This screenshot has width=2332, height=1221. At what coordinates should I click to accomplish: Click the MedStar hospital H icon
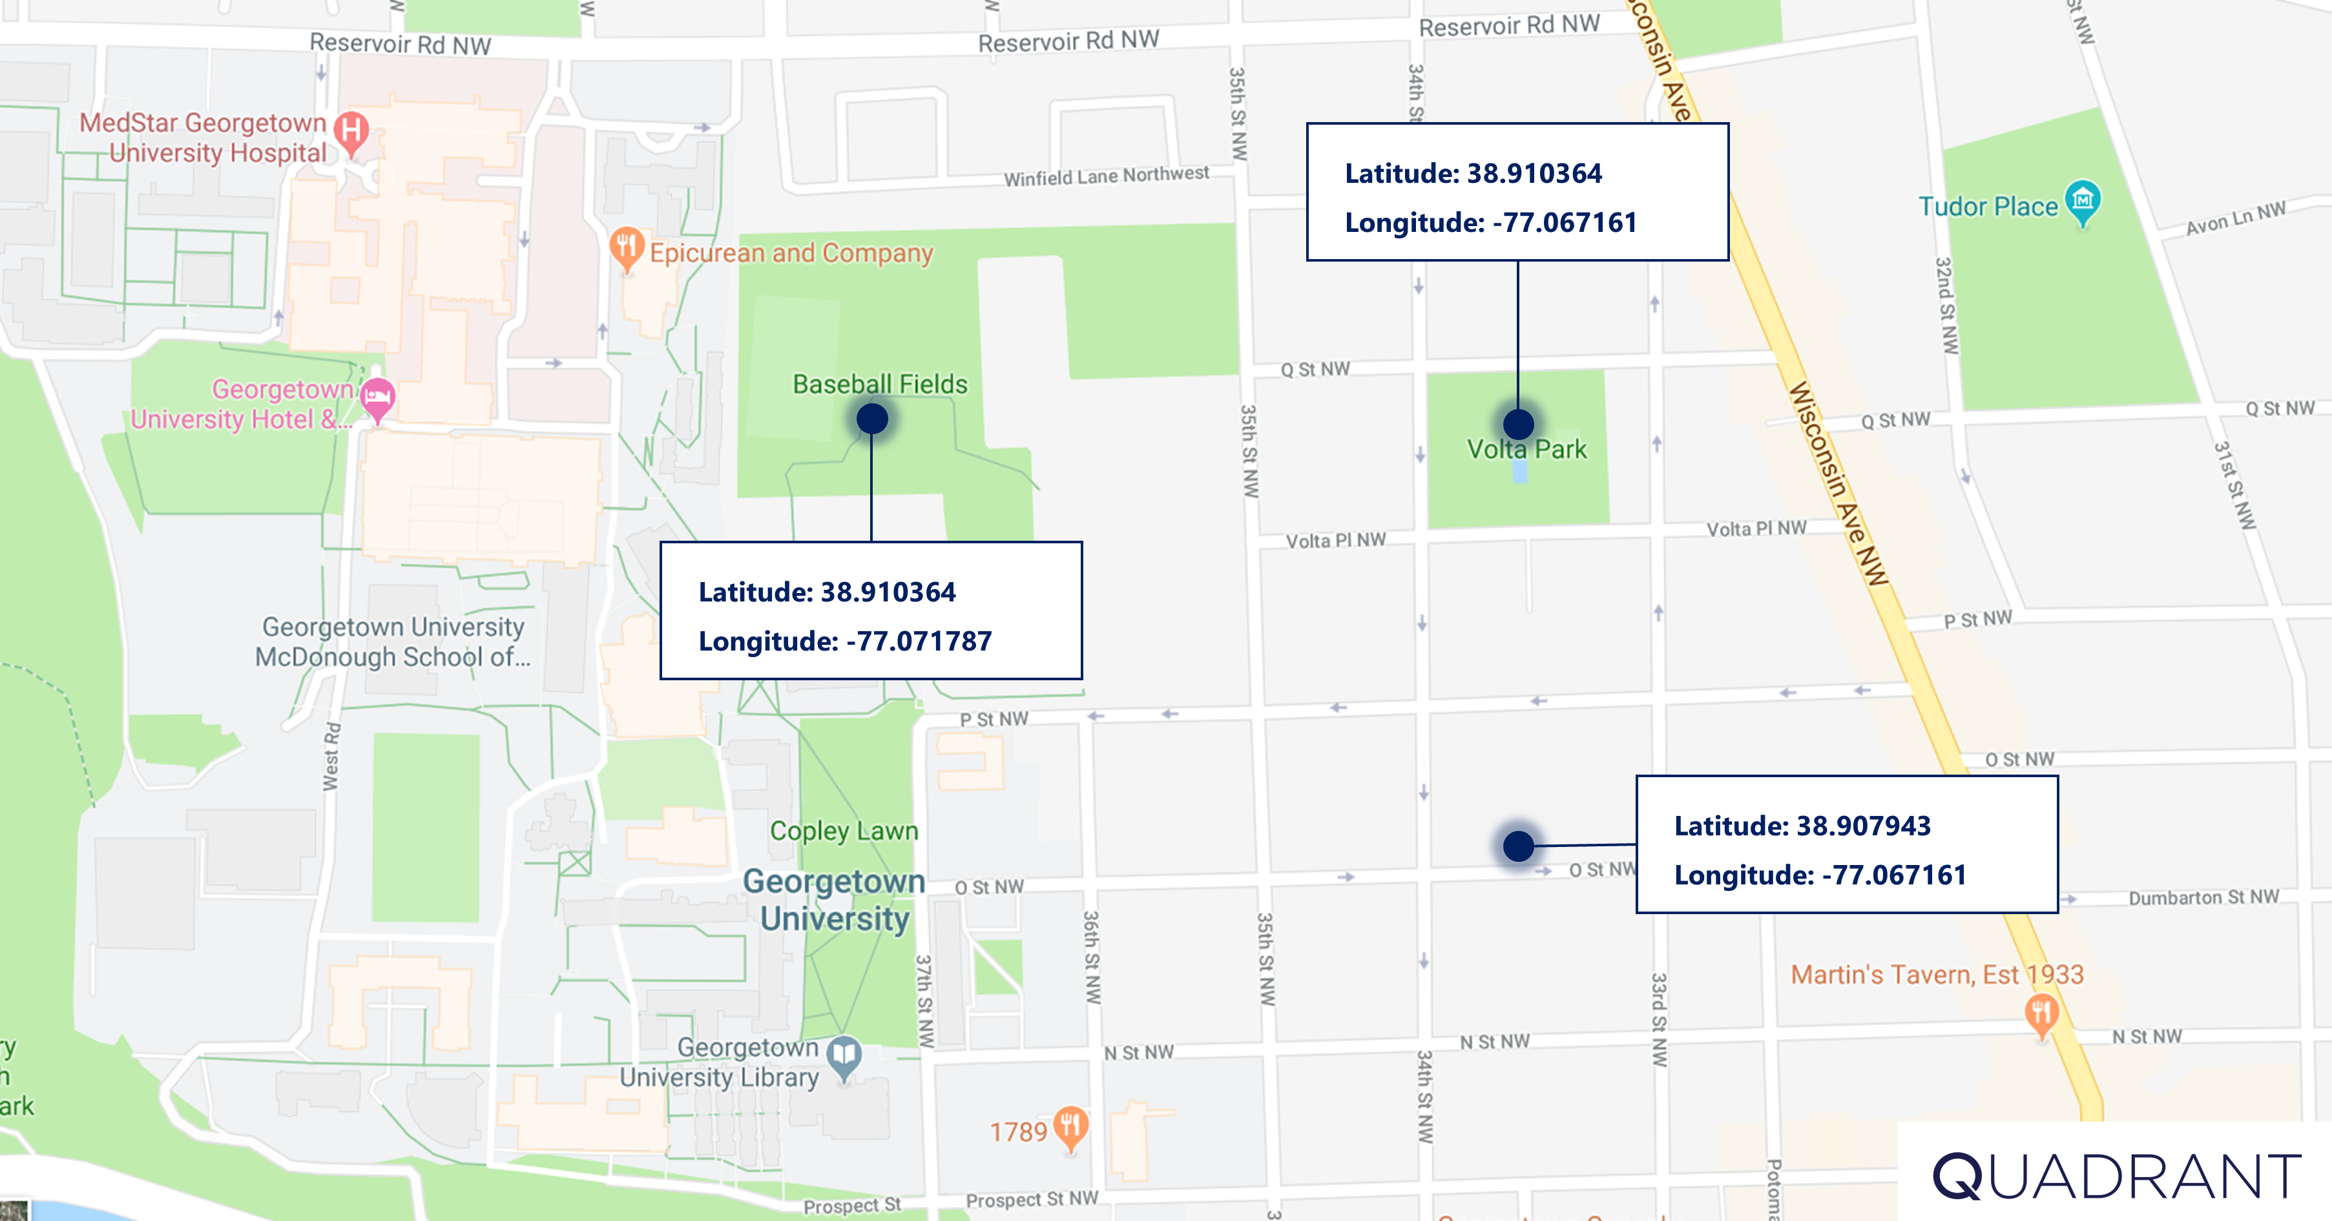pos(351,129)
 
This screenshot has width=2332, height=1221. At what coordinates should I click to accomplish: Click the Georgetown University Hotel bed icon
pos(377,397)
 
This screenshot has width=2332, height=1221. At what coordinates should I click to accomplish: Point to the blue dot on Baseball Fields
pos(872,419)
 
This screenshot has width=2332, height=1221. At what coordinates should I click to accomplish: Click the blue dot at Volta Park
pos(1518,424)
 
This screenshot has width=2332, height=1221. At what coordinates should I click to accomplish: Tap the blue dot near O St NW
pos(1518,846)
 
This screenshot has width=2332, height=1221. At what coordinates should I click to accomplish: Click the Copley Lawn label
pos(844,831)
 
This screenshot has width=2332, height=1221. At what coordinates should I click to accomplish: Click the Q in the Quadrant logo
pos(1957,1176)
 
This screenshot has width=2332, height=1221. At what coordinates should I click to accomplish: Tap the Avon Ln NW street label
pos(2235,218)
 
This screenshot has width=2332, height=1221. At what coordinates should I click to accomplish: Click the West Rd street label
pos(331,756)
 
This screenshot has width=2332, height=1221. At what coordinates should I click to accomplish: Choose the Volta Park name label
pos(1526,450)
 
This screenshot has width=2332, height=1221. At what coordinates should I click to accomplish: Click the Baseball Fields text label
pos(880,384)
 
